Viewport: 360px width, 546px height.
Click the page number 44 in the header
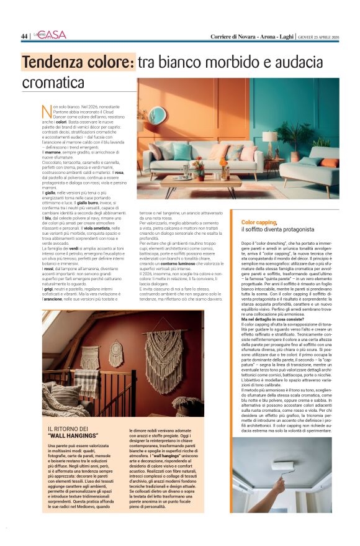(x=24, y=36)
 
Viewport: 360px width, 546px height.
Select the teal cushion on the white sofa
(x=182, y=152)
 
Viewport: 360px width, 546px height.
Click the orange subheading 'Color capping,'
(x=259, y=222)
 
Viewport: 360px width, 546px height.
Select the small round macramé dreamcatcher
(x=116, y=353)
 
